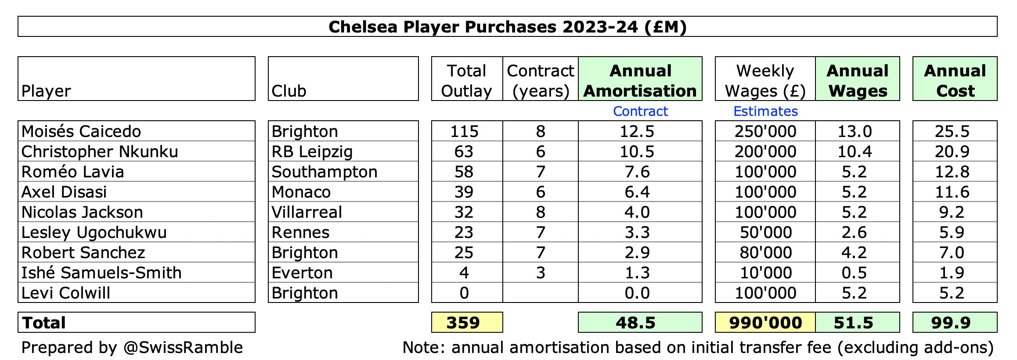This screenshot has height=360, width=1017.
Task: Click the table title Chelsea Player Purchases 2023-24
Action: [x=507, y=27]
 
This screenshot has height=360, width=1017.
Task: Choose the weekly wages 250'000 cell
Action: [x=765, y=131]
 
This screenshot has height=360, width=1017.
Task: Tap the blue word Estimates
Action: [x=765, y=111]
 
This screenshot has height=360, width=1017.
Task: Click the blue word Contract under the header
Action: [x=640, y=111]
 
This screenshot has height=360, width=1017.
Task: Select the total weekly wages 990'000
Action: [x=765, y=323]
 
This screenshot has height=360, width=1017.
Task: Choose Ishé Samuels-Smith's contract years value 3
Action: [x=541, y=273]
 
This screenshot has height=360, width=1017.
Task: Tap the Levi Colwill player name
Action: [x=66, y=293]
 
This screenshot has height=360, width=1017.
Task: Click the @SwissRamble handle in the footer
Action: [x=183, y=347]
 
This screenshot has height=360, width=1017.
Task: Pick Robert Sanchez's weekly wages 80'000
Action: [x=766, y=252]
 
